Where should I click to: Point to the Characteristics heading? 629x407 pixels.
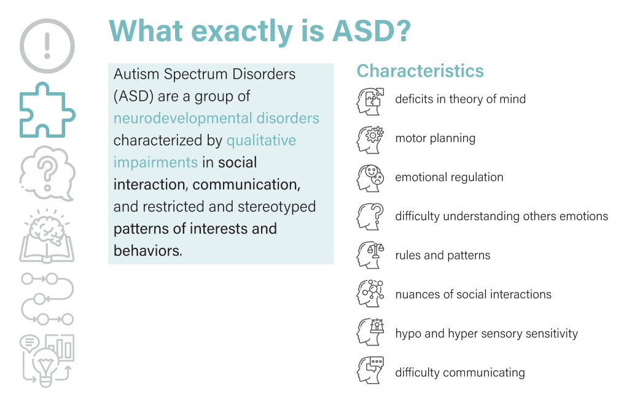[420, 71]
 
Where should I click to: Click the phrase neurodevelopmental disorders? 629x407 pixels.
[216, 119]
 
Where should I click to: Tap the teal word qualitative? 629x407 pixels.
[261, 141]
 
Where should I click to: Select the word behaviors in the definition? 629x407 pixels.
[147, 251]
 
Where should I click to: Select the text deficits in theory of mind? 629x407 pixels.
[460, 99]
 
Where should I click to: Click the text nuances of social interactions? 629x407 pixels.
[473, 294]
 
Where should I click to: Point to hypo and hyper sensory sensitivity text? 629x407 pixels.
[486, 334]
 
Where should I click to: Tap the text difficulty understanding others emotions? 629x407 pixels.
[501, 216]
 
